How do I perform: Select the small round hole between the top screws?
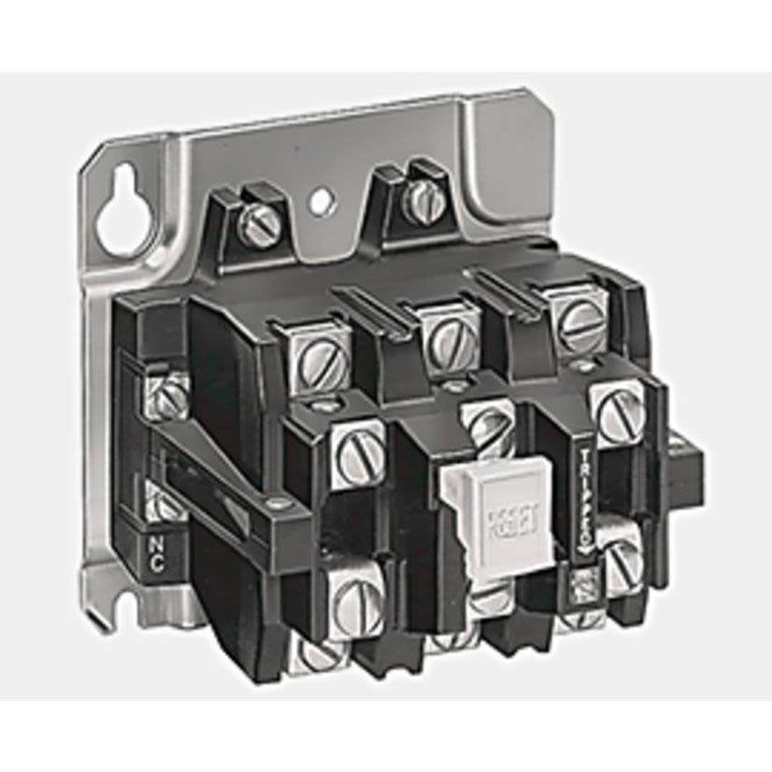coord(322,199)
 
